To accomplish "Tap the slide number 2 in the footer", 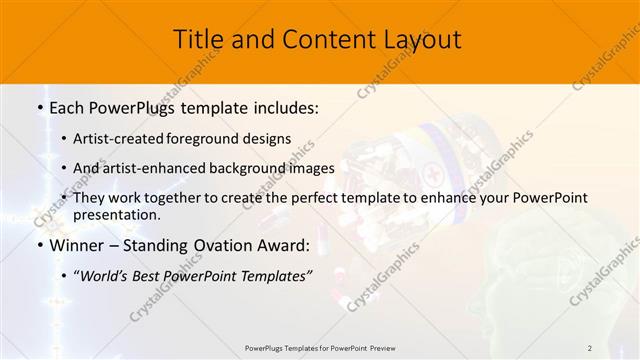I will tap(590, 347).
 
